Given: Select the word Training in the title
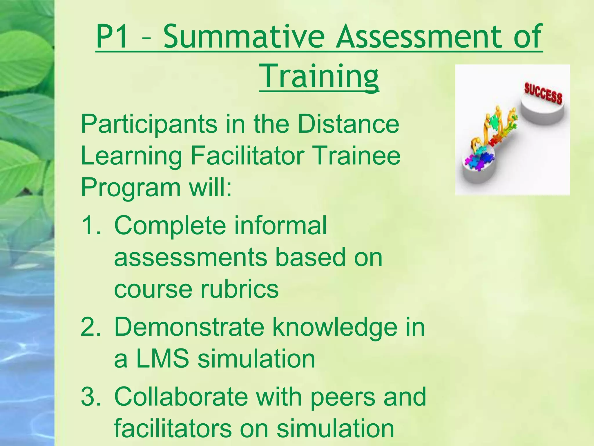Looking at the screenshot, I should tap(319, 76).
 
